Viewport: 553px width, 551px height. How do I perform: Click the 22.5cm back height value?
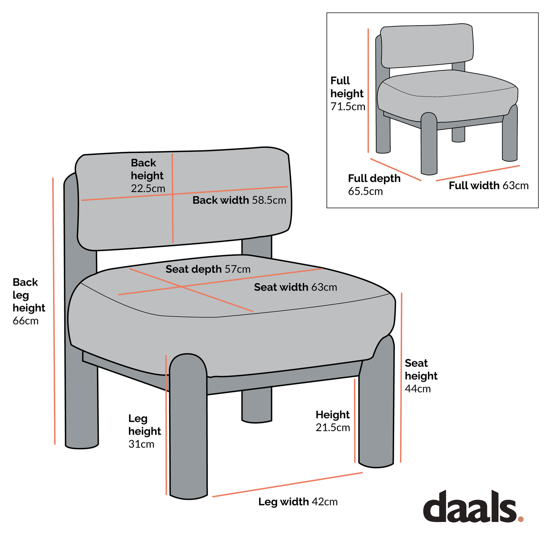pyautogui.click(x=148, y=189)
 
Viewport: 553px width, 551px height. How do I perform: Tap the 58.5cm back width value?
pyautogui.click(x=269, y=200)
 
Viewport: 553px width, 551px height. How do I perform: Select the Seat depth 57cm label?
pyautogui.click(x=208, y=269)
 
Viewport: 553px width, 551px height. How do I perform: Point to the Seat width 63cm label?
pyautogui.click(x=295, y=287)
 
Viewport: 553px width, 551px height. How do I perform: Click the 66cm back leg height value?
pyautogui.click(x=26, y=321)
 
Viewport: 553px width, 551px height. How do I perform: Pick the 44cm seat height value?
pyautogui.click(x=418, y=389)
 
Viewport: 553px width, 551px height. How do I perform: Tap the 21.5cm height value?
pyautogui.click(x=333, y=427)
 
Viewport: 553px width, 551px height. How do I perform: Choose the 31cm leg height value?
pyautogui.click(x=141, y=444)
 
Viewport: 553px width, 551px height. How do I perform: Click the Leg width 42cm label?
pyautogui.click(x=298, y=502)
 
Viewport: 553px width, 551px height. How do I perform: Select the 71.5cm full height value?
pyautogui.click(x=347, y=106)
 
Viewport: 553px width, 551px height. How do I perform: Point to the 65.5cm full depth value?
pyautogui.click(x=365, y=191)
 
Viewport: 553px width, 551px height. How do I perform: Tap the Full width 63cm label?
pyautogui.click(x=488, y=186)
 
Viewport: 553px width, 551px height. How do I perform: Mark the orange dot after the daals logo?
pyautogui.click(x=520, y=519)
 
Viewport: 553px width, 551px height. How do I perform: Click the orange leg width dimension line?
pyautogui.click(x=287, y=484)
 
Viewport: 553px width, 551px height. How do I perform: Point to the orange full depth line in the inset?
pyautogui.click(x=396, y=169)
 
